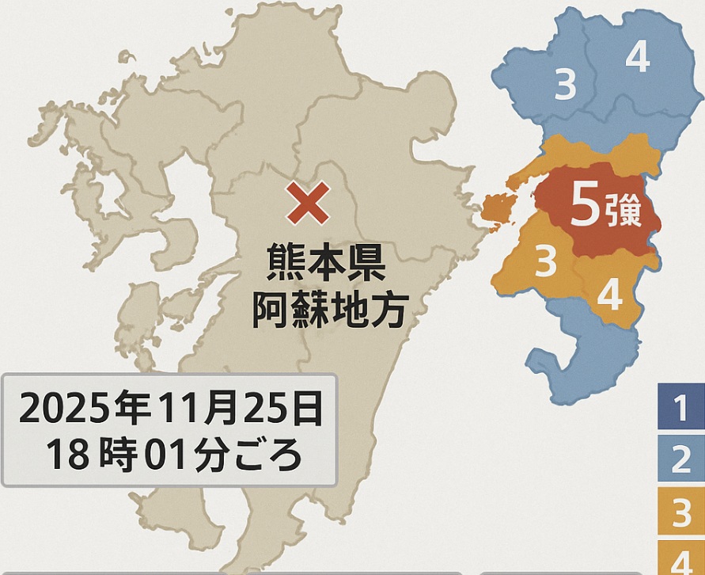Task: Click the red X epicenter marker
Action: pos(309,204)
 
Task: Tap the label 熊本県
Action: pos(325,264)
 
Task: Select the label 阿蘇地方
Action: pos(329,310)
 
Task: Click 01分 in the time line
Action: pos(185,454)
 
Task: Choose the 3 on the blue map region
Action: pos(565,85)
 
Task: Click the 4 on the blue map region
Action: pos(638,57)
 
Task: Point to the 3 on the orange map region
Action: pos(545,262)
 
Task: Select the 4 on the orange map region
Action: pos(609,295)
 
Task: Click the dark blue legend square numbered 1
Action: pos(680,409)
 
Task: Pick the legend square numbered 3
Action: pos(680,513)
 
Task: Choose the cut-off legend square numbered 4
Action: pos(680,560)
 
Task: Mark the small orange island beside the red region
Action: pos(497,211)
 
